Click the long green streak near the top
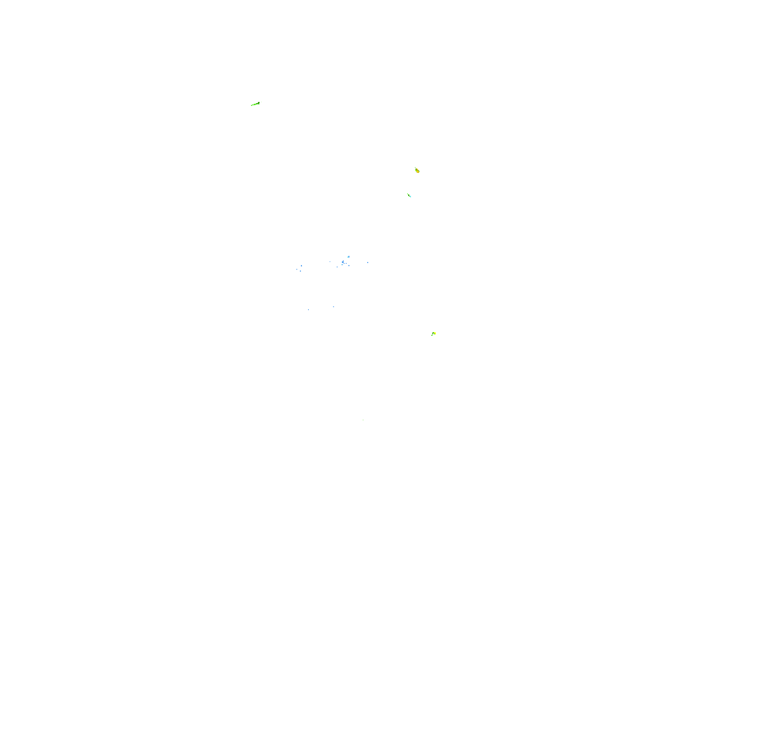pos(255,104)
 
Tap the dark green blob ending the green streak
pos(259,103)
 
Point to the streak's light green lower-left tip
pos(252,105)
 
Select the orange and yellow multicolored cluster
pos(417,170)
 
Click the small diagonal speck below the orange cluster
pos(409,195)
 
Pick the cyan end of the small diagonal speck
pos(410,196)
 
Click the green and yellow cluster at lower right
pos(433,333)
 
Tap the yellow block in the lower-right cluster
pos(434,333)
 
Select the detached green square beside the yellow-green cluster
pos(432,335)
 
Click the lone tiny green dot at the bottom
pos(363,420)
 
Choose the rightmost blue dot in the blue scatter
pos(368,262)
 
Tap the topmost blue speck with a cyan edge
pos(348,257)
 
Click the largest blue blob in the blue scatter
pos(343,262)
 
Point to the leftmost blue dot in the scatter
pos(297,269)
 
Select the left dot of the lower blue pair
pos(308,309)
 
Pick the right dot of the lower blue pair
pos(333,307)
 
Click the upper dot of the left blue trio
pos(301,265)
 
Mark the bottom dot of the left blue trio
pos(300,271)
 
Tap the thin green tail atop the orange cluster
pos(415,168)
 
